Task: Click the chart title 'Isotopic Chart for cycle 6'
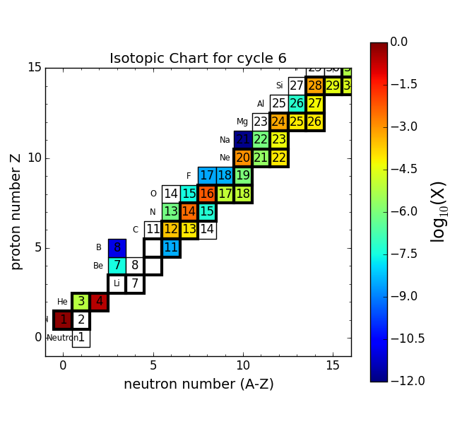[x=198, y=59]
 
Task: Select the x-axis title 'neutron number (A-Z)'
[x=199, y=384]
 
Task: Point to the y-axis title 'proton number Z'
[x=16, y=211]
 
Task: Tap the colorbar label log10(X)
[x=438, y=211]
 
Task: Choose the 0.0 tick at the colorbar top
[x=399, y=42]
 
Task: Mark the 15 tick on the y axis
[x=34, y=68]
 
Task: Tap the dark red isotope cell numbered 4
[x=99, y=302]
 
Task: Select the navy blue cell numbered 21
[x=243, y=140]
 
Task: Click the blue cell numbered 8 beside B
[x=117, y=248]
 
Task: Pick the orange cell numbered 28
[x=315, y=86]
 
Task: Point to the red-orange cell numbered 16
[x=207, y=194]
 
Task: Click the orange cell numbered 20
[x=243, y=158]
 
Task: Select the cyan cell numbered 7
[x=117, y=266]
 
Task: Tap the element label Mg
[x=242, y=122]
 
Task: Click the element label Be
[x=98, y=266]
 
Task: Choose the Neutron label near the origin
[x=63, y=338]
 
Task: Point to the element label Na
[x=225, y=140]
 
